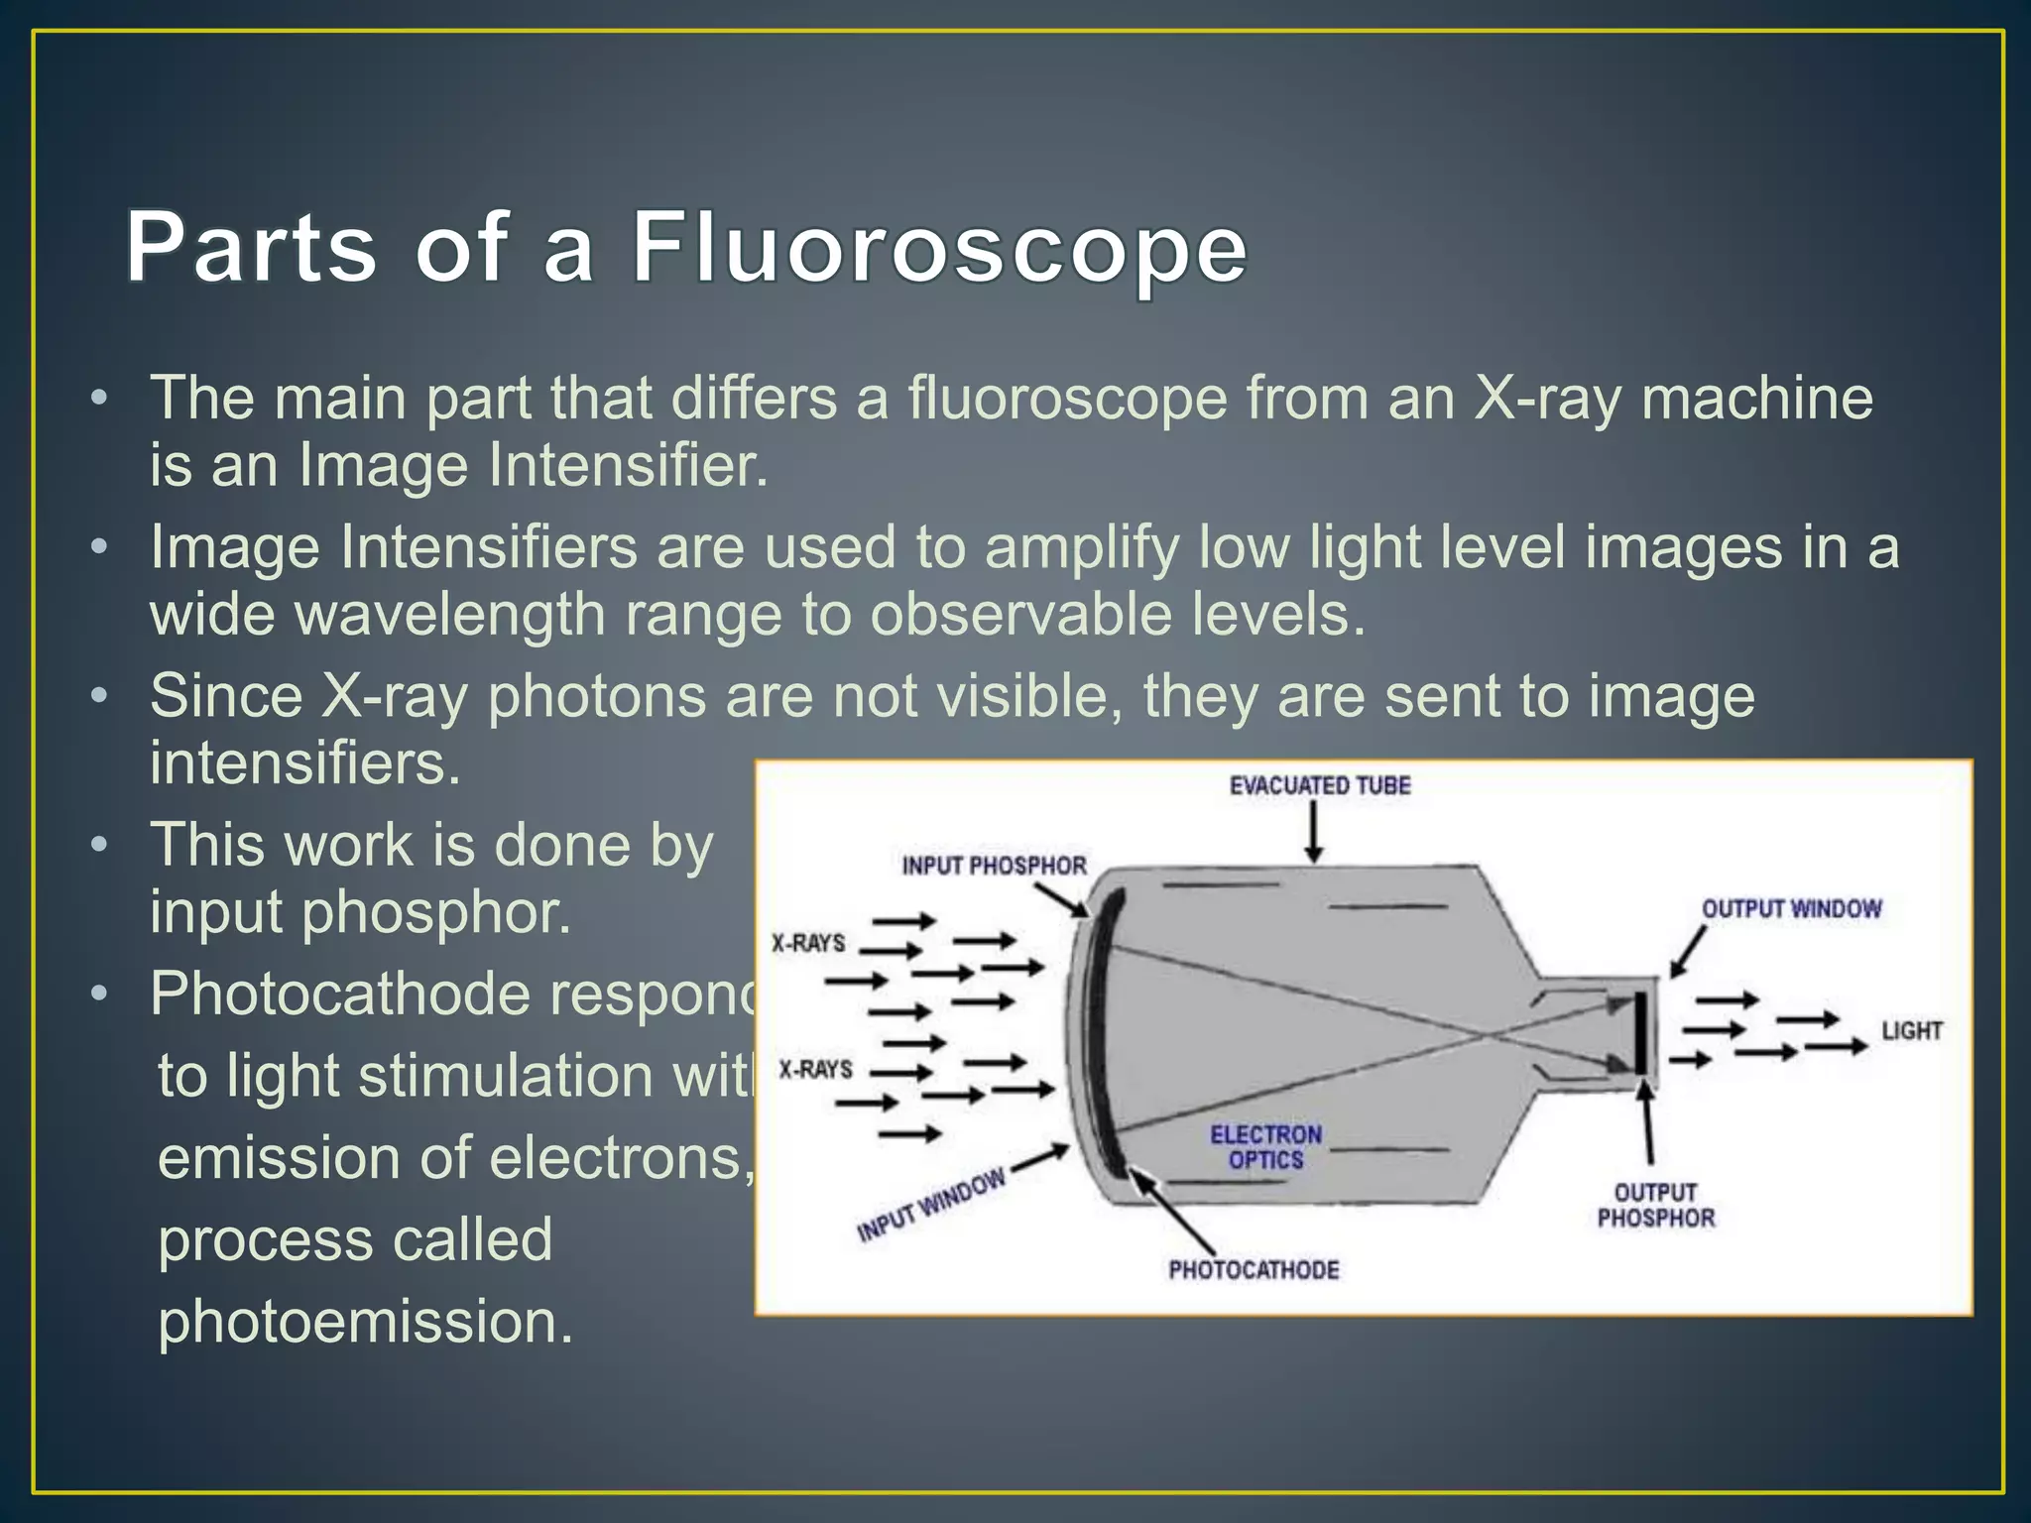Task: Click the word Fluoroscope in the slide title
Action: pyautogui.click(x=938, y=248)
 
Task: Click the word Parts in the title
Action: pyautogui.click(x=251, y=248)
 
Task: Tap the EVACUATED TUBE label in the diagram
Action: pyautogui.click(x=1319, y=785)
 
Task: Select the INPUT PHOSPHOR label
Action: pyautogui.click(x=994, y=866)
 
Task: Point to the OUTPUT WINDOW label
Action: pyautogui.click(x=1791, y=908)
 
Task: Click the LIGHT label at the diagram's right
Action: pyautogui.click(x=1911, y=1031)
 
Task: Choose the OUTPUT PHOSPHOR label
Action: pyautogui.click(x=1655, y=1205)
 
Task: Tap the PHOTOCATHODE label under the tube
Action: pyautogui.click(x=1254, y=1269)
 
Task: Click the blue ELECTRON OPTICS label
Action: pyautogui.click(x=1265, y=1147)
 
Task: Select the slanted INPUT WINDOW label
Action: pyautogui.click(x=931, y=1206)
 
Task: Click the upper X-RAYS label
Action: pyautogui.click(x=808, y=942)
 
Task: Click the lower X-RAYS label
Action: pyautogui.click(x=815, y=1069)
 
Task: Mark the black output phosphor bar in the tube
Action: pyautogui.click(x=1641, y=1031)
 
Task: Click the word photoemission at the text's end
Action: pyautogui.click(x=366, y=1322)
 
